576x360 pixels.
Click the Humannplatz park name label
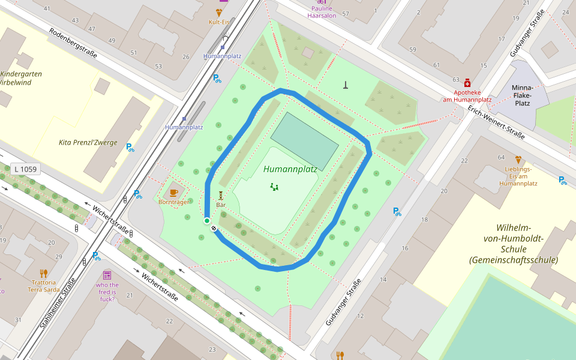coord(290,169)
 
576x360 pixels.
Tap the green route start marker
coord(207,221)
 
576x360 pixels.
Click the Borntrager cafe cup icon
coord(174,193)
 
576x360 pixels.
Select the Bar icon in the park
coord(221,195)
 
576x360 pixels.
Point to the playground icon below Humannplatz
coord(274,187)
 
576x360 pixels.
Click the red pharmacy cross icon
coord(467,85)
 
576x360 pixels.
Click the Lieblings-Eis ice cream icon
coord(518,160)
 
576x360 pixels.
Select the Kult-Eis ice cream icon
coord(219,12)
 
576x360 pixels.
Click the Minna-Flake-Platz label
coord(522,95)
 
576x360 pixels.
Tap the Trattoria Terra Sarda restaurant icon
coord(43,273)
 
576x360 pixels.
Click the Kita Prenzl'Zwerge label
coord(88,143)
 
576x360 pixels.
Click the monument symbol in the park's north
coord(346,85)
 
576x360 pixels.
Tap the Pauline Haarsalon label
coord(322,12)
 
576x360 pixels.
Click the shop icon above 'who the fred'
coord(107,275)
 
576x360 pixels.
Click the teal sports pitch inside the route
coord(305,141)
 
